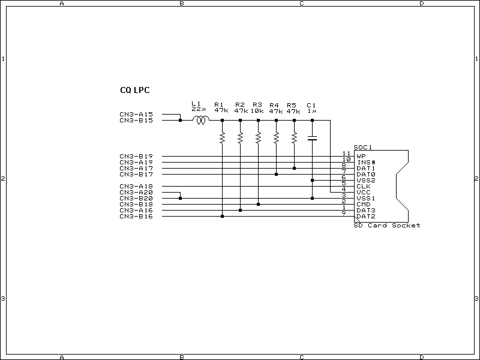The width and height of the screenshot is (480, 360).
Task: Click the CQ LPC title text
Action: [x=135, y=91]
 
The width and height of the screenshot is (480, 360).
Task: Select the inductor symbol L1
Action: [x=201, y=121]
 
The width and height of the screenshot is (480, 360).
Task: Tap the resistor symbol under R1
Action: [x=222, y=138]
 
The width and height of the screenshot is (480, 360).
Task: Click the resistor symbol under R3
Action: [x=258, y=138]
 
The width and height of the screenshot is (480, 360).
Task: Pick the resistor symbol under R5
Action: [x=294, y=138]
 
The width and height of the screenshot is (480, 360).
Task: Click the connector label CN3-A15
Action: [x=136, y=114]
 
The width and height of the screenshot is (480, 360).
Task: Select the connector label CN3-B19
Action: [x=136, y=156]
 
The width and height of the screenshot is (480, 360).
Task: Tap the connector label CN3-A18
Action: [x=136, y=186]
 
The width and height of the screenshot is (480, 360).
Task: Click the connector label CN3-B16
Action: [x=136, y=216]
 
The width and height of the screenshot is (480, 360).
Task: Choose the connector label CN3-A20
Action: [x=136, y=192]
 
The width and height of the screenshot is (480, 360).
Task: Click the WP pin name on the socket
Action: [x=361, y=156]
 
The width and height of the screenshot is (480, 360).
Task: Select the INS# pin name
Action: [x=365, y=162]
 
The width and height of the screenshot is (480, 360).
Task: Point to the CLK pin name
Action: [x=363, y=186]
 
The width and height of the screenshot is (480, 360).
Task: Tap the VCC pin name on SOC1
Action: [x=363, y=192]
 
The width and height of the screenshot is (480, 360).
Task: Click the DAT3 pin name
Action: [x=365, y=210]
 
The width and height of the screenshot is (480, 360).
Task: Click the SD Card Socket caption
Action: [x=387, y=226]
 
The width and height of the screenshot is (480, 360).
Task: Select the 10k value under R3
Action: [x=257, y=111]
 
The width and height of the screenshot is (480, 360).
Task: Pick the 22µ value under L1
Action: [x=199, y=109]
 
